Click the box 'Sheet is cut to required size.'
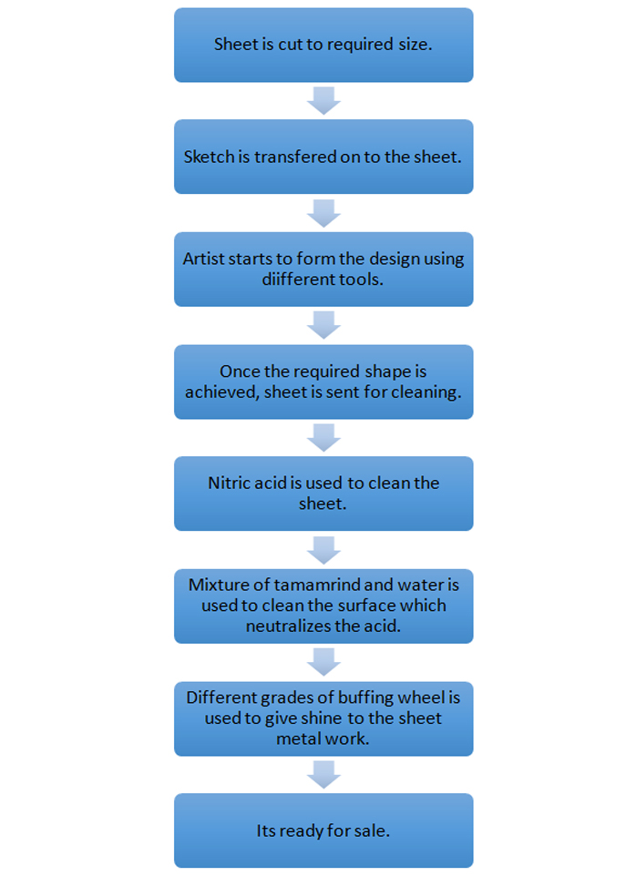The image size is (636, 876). (x=323, y=46)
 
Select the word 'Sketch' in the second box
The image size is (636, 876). (x=209, y=157)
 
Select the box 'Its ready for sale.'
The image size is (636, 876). (x=323, y=830)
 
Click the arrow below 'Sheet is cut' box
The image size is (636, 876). (x=324, y=101)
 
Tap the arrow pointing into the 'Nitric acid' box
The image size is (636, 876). (x=324, y=438)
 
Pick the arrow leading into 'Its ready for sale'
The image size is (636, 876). (x=324, y=775)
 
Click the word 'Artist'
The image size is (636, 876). (x=203, y=259)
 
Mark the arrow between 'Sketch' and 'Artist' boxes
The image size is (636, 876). (x=324, y=213)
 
